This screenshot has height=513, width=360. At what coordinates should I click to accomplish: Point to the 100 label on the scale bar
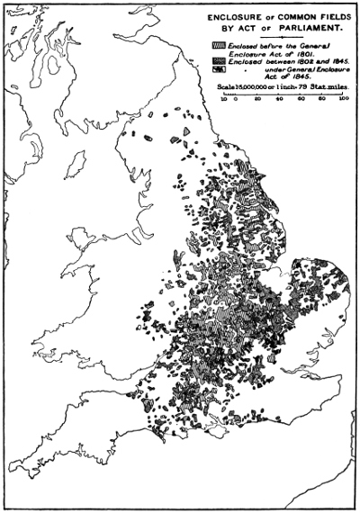(343, 98)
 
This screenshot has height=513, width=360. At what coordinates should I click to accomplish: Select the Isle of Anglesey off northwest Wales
(85, 239)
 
